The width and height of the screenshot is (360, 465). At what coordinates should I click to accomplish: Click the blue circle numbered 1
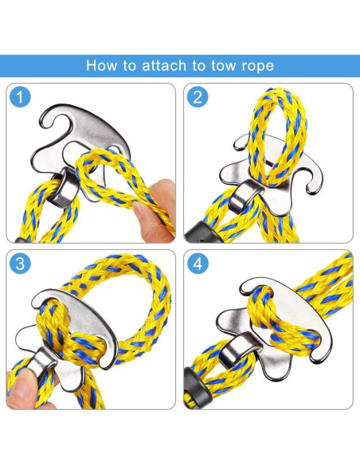(20, 96)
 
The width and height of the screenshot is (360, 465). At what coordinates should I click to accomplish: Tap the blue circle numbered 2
(198, 96)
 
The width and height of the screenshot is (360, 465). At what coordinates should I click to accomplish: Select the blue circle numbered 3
(20, 263)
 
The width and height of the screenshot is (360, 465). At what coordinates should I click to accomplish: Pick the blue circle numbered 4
(198, 263)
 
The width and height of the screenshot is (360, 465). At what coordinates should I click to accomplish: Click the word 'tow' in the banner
(224, 65)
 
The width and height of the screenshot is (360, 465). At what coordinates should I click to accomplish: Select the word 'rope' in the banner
(257, 66)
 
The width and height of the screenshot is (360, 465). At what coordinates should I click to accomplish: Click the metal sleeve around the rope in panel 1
(64, 189)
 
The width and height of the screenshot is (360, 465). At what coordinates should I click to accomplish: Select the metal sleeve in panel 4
(237, 347)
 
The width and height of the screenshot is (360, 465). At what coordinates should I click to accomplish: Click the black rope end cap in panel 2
(202, 232)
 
